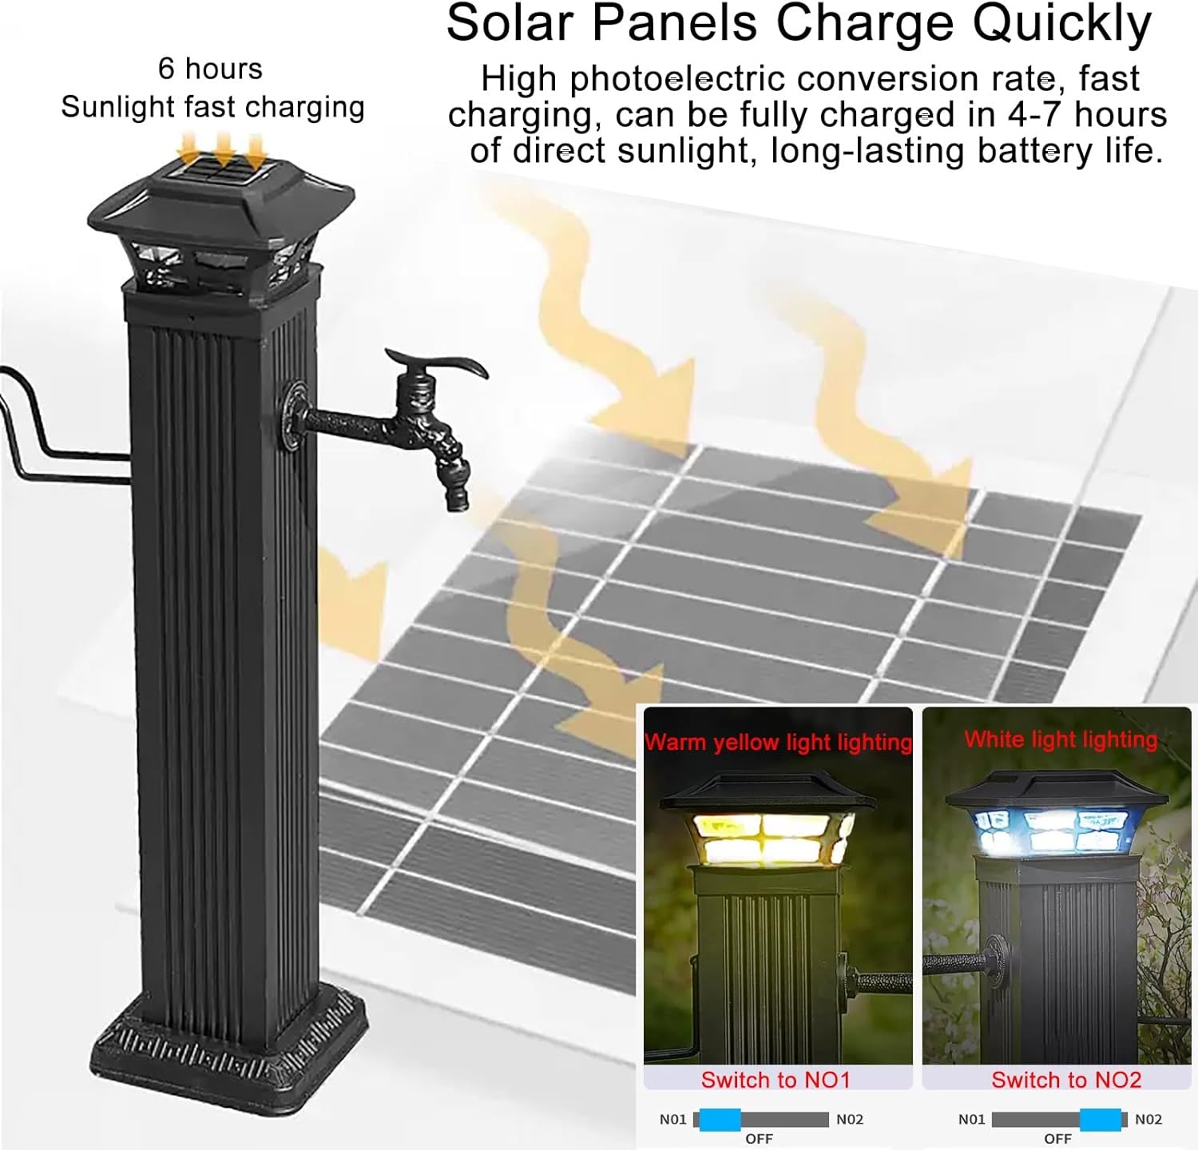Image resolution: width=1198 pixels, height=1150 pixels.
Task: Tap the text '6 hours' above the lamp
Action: tap(210, 69)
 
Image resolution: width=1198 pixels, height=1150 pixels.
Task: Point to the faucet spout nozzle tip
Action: tap(456, 501)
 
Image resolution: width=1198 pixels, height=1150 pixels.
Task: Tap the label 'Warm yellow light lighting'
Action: tap(778, 742)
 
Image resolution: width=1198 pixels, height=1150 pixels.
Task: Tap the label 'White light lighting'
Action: tap(1060, 740)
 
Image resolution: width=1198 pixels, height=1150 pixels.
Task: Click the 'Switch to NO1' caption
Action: tap(776, 1080)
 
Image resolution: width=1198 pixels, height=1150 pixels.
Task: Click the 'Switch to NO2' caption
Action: tap(1066, 1080)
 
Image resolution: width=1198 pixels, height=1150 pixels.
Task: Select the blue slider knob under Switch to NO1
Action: tap(720, 1120)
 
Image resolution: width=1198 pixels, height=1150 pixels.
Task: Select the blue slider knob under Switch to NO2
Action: tap(1101, 1120)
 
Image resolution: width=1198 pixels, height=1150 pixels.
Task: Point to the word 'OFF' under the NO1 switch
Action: tap(759, 1139)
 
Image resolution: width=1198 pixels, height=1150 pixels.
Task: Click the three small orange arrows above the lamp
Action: tap(222, 150)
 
